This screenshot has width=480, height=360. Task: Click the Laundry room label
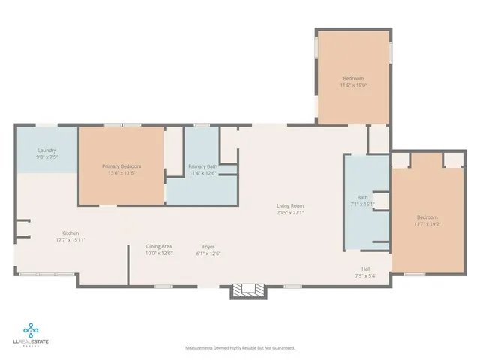tap(46, 150)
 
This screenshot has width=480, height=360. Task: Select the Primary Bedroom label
tap(121, 166)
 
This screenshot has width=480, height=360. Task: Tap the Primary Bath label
tap(202, 166)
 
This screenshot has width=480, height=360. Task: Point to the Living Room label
tap(289, 205)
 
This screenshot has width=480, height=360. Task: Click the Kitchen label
tap(71, 232)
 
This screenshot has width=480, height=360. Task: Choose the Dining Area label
tap(159, 246)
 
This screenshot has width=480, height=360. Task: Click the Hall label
tap(367, 268)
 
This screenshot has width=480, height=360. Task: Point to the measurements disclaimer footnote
tap(240, 348)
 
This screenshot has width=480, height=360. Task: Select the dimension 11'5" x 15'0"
tap(354, 85)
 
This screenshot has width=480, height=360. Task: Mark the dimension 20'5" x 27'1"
tap(289, 212)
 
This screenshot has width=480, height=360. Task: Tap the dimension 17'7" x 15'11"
tap(71, 239)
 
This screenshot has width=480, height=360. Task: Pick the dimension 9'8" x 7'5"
tap(46, 157)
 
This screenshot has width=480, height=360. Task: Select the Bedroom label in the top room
tap(354, 79)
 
